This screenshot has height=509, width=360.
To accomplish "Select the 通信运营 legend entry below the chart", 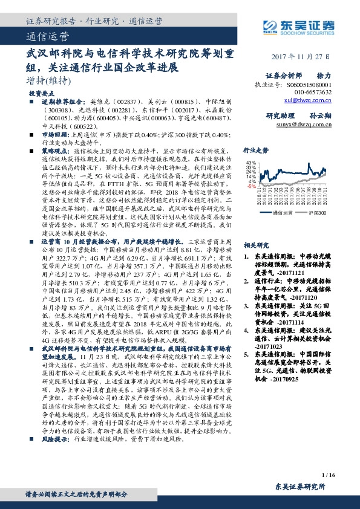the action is click(284, 213).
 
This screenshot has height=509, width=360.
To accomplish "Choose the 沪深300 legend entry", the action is click(318, 213).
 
